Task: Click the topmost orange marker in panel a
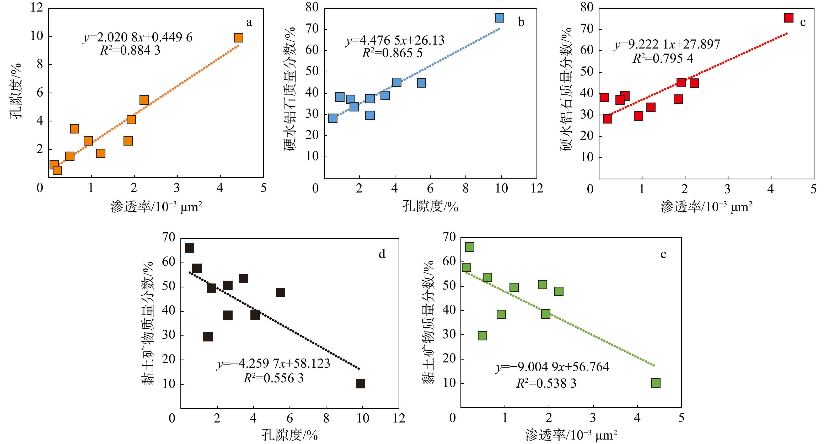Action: [238, 38]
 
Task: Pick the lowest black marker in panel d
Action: [360, 384]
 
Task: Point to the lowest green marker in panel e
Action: [656, 383]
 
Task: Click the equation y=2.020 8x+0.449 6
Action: [138, 38]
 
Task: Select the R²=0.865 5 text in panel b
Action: [392, 53]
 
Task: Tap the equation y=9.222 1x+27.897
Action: [667, 44]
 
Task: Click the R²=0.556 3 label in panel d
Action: [273, 378]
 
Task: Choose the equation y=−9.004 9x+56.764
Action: [552, 367]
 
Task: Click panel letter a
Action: [249, 23]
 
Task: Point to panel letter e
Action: [663, 254]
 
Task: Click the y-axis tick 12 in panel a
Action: [36, 7]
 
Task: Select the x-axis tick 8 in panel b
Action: [466, 188]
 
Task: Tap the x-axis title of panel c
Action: [706, 207]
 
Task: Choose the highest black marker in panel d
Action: [190, 248]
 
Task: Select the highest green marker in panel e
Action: [469, 247]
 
